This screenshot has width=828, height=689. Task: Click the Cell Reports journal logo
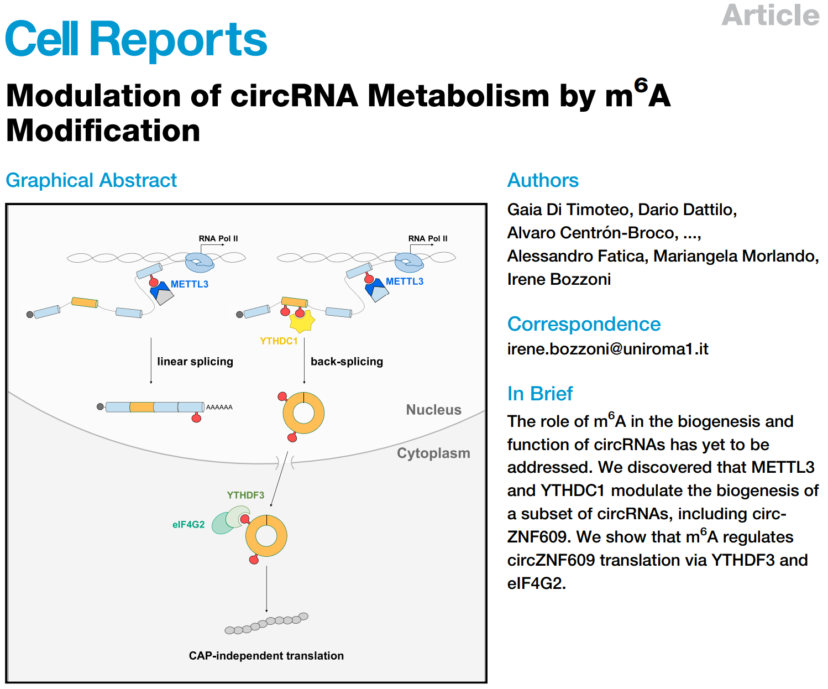(x=136, y=39)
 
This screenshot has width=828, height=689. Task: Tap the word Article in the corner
(x=770, y=15)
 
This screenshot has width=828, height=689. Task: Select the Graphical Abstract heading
(x=91, y=180)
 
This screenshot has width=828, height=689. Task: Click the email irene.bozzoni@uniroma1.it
(x=607, y=349)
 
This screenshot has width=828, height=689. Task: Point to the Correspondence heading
(x=584, y=324)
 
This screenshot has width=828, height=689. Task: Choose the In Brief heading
(x=539, y=394)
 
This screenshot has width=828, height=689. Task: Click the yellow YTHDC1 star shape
(x=302, y=320)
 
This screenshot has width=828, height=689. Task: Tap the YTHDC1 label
(x=279, y=341)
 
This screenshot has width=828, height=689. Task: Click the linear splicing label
(x=195, y=362)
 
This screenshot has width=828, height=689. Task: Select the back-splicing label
(x=347, y=362)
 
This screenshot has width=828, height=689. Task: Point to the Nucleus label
(x=433, y=410)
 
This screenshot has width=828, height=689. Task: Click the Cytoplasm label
(x=433, y=453)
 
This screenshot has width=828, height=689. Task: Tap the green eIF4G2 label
(x=188, y=525)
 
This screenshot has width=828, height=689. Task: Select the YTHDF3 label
(x=245, y=495)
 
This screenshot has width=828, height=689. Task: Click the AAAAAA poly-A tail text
(x=219, y=408)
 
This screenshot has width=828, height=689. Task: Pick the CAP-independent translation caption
(x=266, y=656)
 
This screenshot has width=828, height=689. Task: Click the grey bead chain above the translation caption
(x=266, y=623)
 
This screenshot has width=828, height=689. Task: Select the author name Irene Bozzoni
(x=559, y=279)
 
